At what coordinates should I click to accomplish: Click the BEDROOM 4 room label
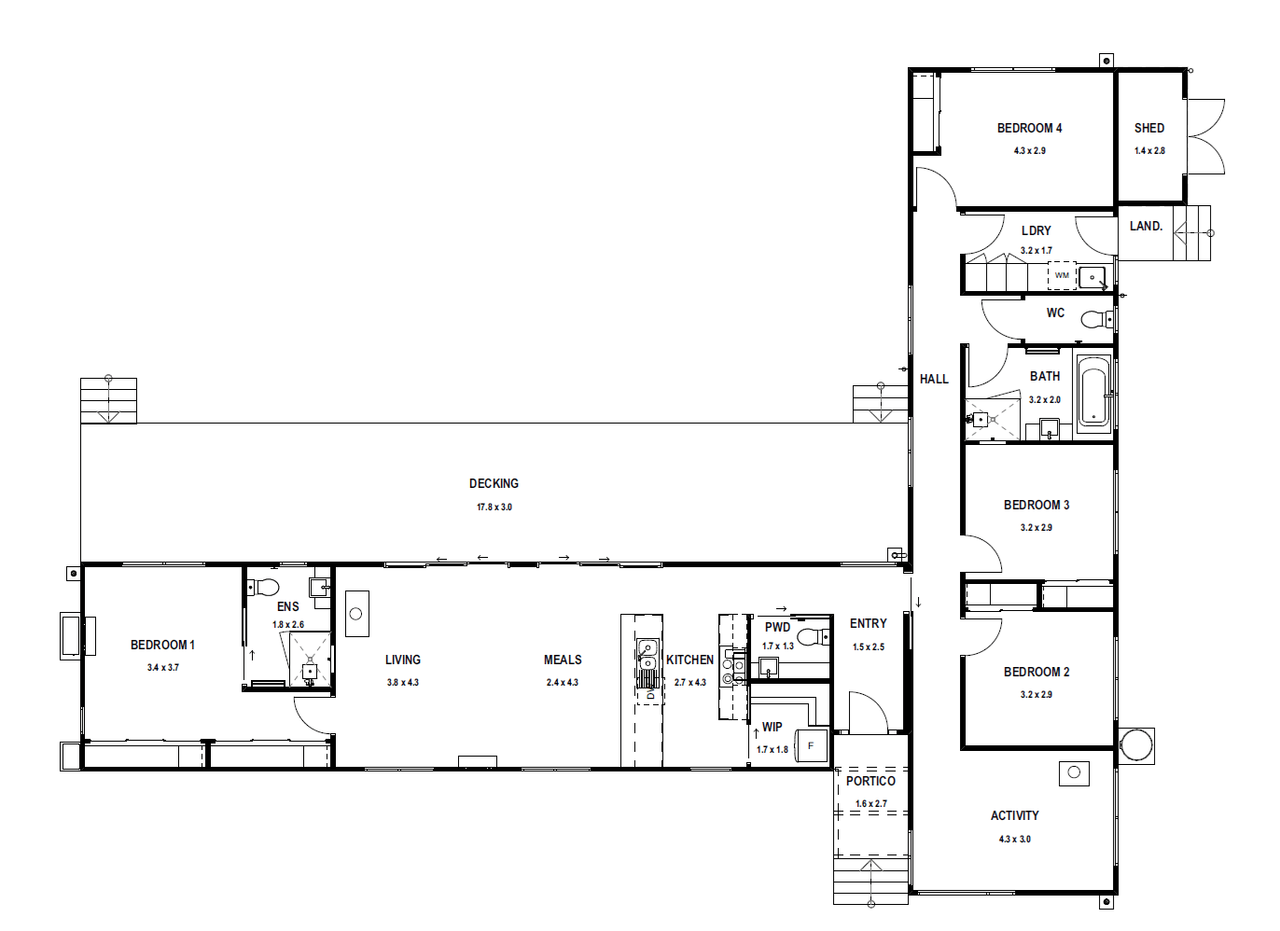1029,128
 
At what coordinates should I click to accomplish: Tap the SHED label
1149,128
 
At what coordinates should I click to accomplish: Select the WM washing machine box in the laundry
1062,275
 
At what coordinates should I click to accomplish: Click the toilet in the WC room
1096,319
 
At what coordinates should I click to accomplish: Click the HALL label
934,379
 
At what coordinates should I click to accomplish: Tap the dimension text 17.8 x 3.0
494,507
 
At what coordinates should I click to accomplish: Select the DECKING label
494,483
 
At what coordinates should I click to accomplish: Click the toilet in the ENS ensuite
263,587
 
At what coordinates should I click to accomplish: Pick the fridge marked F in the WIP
811,746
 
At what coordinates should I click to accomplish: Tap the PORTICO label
870,781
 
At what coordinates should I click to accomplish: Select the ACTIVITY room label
1014,815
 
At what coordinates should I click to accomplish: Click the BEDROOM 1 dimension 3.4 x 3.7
163,668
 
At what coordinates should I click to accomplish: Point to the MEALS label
563,660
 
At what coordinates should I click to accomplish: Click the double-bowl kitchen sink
647,655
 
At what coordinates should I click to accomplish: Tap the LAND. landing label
1147,226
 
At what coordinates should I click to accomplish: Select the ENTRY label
868,623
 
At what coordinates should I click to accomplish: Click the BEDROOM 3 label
1036,505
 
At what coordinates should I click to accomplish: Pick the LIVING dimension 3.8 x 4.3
403,682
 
